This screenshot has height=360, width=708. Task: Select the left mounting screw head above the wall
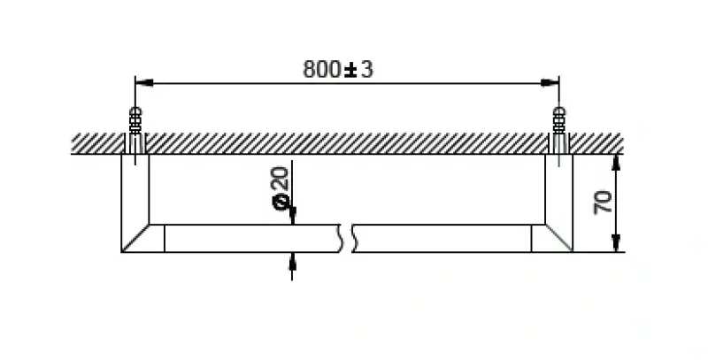135,116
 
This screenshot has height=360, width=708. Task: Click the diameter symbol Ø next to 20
281,203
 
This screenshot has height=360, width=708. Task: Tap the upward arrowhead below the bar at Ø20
292,259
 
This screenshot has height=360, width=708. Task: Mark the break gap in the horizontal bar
347,237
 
